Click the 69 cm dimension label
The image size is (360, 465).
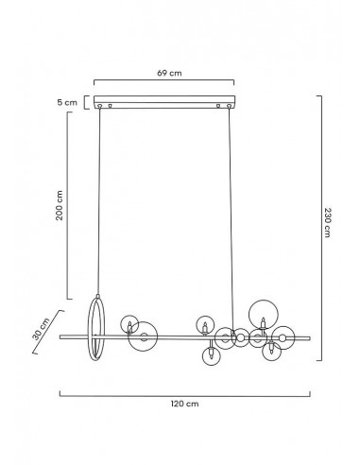click(169, 73)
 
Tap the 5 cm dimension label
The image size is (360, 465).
click(67, 102)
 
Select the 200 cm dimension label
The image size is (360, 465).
click(60, 205)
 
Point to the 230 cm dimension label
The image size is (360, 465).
click(328, 222)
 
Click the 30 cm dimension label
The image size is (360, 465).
click(41, 329)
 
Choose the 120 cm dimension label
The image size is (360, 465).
click(185, 404)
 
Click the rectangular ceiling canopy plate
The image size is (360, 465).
click(164, 102)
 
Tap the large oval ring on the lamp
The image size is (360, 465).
click(89, 328)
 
